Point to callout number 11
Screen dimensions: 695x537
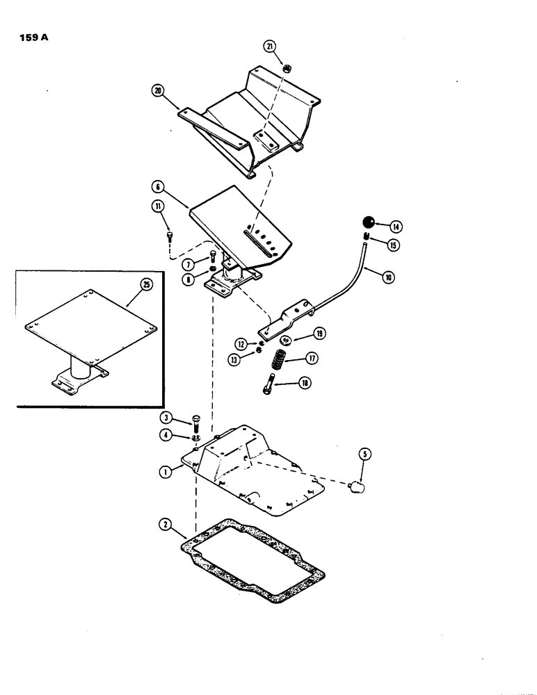pos(159,206)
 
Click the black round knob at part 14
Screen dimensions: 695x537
pos(369,223)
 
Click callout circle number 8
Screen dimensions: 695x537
pos(187,279)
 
